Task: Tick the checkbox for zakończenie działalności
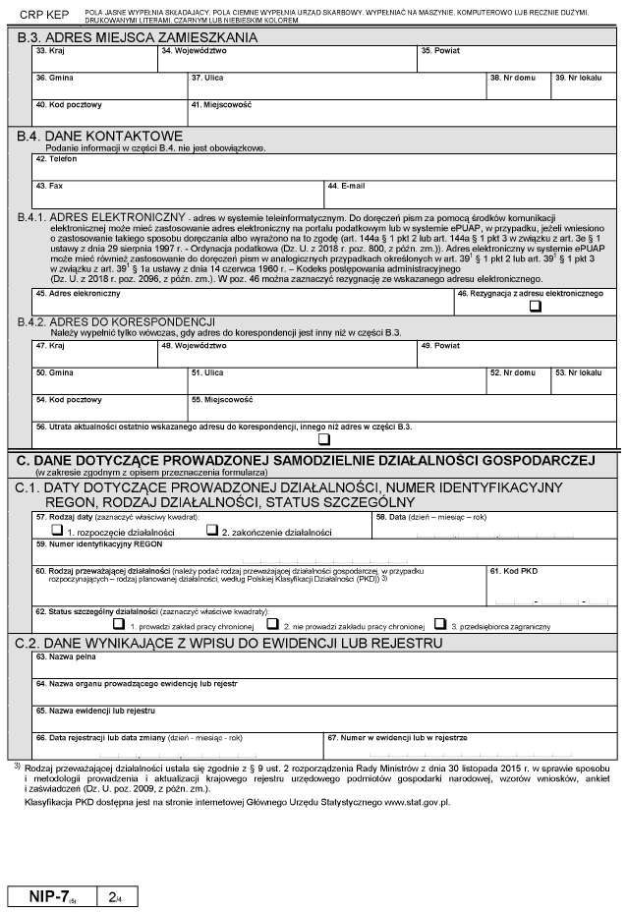click(x=211, y=531)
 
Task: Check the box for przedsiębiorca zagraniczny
click(x=441, y=623)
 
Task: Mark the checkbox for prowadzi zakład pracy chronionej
click(x=119, y=623)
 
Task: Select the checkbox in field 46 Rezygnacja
click(x=535, y=305)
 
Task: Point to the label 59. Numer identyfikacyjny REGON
click(x=98, y=543)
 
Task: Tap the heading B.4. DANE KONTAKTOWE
click(x=109, y=136)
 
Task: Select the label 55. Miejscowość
click(x=222, y=400)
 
